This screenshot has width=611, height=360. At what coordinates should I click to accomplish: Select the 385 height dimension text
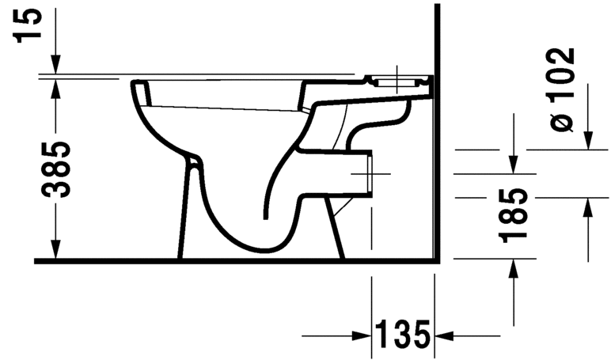55,169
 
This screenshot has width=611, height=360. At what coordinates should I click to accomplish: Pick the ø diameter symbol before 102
560,122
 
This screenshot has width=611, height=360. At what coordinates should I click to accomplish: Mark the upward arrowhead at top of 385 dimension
55,86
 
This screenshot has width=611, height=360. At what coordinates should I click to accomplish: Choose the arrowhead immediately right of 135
443,334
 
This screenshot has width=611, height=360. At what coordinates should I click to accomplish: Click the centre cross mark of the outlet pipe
371,173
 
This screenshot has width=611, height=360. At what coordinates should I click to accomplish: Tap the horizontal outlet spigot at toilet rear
360,172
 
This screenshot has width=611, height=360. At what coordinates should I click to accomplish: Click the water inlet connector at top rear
400,81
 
